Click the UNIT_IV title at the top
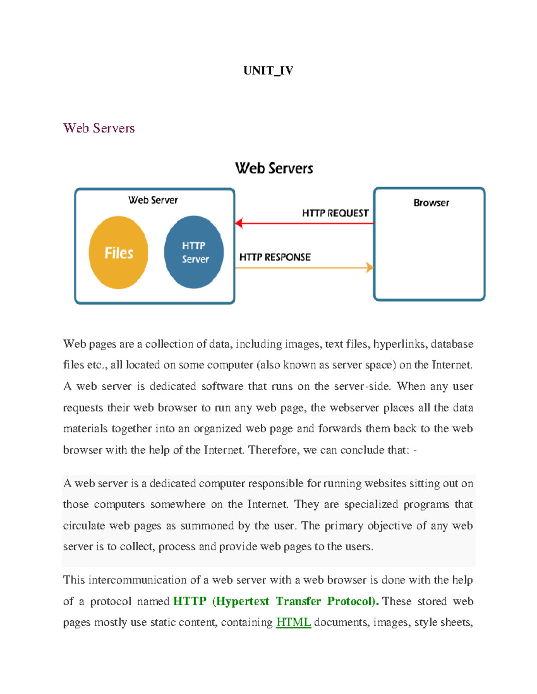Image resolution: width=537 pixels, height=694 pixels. click(x=268, y=71)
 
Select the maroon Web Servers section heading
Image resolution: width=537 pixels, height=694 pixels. click(x=99, y=128)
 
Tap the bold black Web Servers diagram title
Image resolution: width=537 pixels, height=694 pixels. click(x=274, y=168)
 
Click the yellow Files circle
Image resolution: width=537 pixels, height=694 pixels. click(x=119, y=252)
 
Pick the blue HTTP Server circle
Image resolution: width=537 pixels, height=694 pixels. click(x=194, y=252)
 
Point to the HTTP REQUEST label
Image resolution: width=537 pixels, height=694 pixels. click(x=335, y=213)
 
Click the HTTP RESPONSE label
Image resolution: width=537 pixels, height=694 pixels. click(x=275, y=257)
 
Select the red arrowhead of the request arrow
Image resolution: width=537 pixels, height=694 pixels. click(x=239, y=223)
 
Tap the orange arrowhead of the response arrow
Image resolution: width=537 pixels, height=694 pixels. click(x=370, y=268)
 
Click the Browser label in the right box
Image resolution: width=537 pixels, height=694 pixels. click(x=431, y=203)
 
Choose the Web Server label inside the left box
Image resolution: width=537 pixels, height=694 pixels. click(x=153, y=200)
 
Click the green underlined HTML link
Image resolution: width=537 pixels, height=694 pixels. click(x=294, y=622)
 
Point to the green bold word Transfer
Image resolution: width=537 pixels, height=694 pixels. click(x=298, y=601)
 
